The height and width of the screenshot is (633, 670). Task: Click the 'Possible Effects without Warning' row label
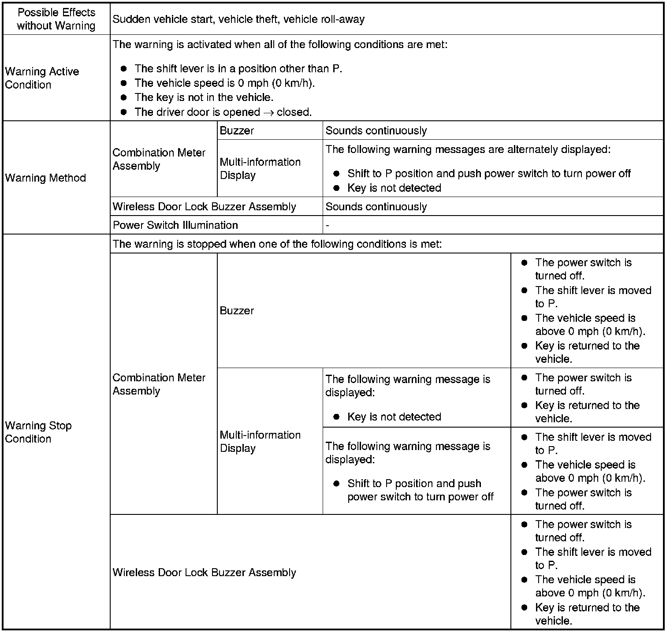tap(56, 19)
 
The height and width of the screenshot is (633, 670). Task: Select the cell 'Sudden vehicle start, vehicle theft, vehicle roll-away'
tap(238, 19)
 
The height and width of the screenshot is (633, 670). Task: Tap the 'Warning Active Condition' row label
tap(42, 78)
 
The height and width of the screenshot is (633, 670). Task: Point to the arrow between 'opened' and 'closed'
tap(268, 112)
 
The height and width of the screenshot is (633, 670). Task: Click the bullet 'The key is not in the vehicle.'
tap(204, 97)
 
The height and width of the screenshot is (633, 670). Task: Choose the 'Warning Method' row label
tap(45, 178)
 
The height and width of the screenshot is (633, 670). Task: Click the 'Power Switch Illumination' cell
tap(175, 225)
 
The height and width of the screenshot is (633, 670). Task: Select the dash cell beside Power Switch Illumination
tap(328, 225)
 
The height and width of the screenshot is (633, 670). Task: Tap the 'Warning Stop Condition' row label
tap(38, 432)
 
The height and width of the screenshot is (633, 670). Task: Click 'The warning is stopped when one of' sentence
tap(277, 244)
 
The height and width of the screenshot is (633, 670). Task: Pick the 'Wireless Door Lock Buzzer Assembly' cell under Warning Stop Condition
tap(205, 572)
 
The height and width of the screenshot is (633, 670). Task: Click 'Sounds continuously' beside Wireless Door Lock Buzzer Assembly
tap(376, 207)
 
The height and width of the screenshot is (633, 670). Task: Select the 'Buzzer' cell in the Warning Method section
tap(237, 130)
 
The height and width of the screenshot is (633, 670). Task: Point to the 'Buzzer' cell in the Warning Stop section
tap(237, 310)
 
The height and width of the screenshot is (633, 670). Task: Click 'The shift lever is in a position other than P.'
tap(238, 69)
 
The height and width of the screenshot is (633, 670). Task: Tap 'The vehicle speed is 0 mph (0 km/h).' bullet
tap(224, 83)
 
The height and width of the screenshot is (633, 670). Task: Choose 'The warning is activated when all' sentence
tap(280, 45)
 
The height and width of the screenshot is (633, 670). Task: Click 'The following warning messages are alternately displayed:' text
tap(468, 149)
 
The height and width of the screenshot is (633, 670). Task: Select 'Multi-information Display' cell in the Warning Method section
tap(260, 168)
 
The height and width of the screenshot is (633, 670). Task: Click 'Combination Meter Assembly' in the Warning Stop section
tap(159, 384)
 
